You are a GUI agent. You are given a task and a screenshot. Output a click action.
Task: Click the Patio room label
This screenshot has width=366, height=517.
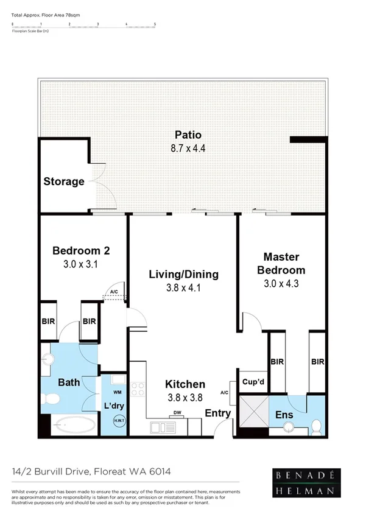pyautogui.click(x=188, y=135)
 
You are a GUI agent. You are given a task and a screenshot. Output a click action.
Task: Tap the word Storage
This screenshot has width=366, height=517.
pyautogui.click(x=64, y=181)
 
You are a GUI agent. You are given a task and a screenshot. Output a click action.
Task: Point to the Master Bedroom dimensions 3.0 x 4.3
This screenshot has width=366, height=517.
pyautogui.click(x=281, y=283)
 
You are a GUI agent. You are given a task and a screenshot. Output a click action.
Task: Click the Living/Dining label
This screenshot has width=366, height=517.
pyautogui.click(x=183, y=275)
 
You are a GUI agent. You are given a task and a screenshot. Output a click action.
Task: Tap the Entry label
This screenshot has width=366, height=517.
pyautogui.click(x=217, y=414)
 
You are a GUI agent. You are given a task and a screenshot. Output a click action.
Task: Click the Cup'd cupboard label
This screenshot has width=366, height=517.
pyautogui.click(x=252, y=382)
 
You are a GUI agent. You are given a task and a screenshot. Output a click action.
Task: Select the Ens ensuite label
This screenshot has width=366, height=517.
pyautogui.click(x=284, y=415)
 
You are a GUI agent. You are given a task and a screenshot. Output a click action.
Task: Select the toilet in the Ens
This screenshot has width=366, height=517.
pyautogui.click(x=316, y=426)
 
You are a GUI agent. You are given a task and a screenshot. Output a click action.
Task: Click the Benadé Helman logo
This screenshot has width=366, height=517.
pyautogui.click(x=306, y=482)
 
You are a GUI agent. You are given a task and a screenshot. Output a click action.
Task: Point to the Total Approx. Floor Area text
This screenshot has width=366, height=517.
pyautogui.click(x=38, y=13)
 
